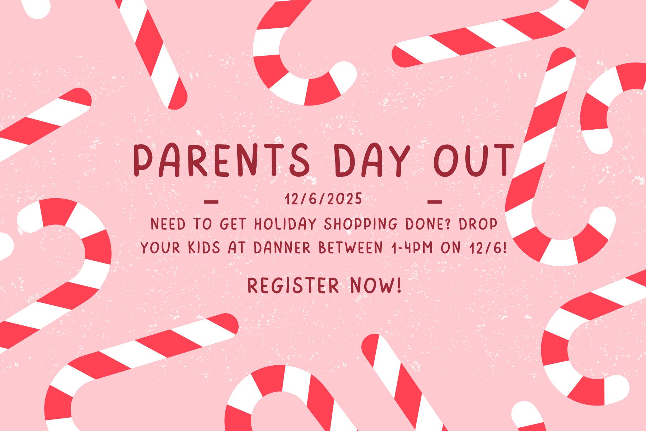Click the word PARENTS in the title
221,160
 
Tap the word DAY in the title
372,160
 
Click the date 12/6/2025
324,199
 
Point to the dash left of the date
211,201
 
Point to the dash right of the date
435,201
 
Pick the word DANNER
282,248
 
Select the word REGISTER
293,286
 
